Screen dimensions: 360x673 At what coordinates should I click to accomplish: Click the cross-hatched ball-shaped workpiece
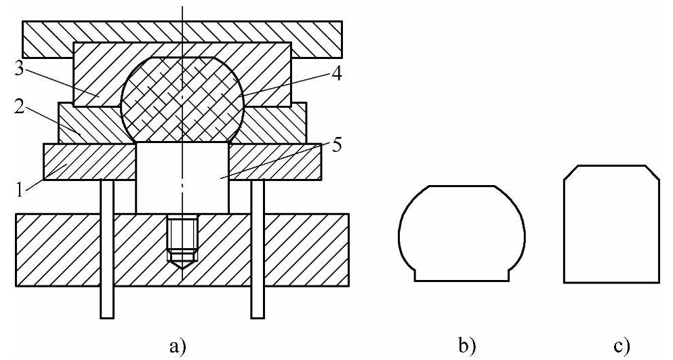tap(182, 99)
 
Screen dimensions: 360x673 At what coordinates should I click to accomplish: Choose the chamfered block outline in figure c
tap(612, 224)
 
